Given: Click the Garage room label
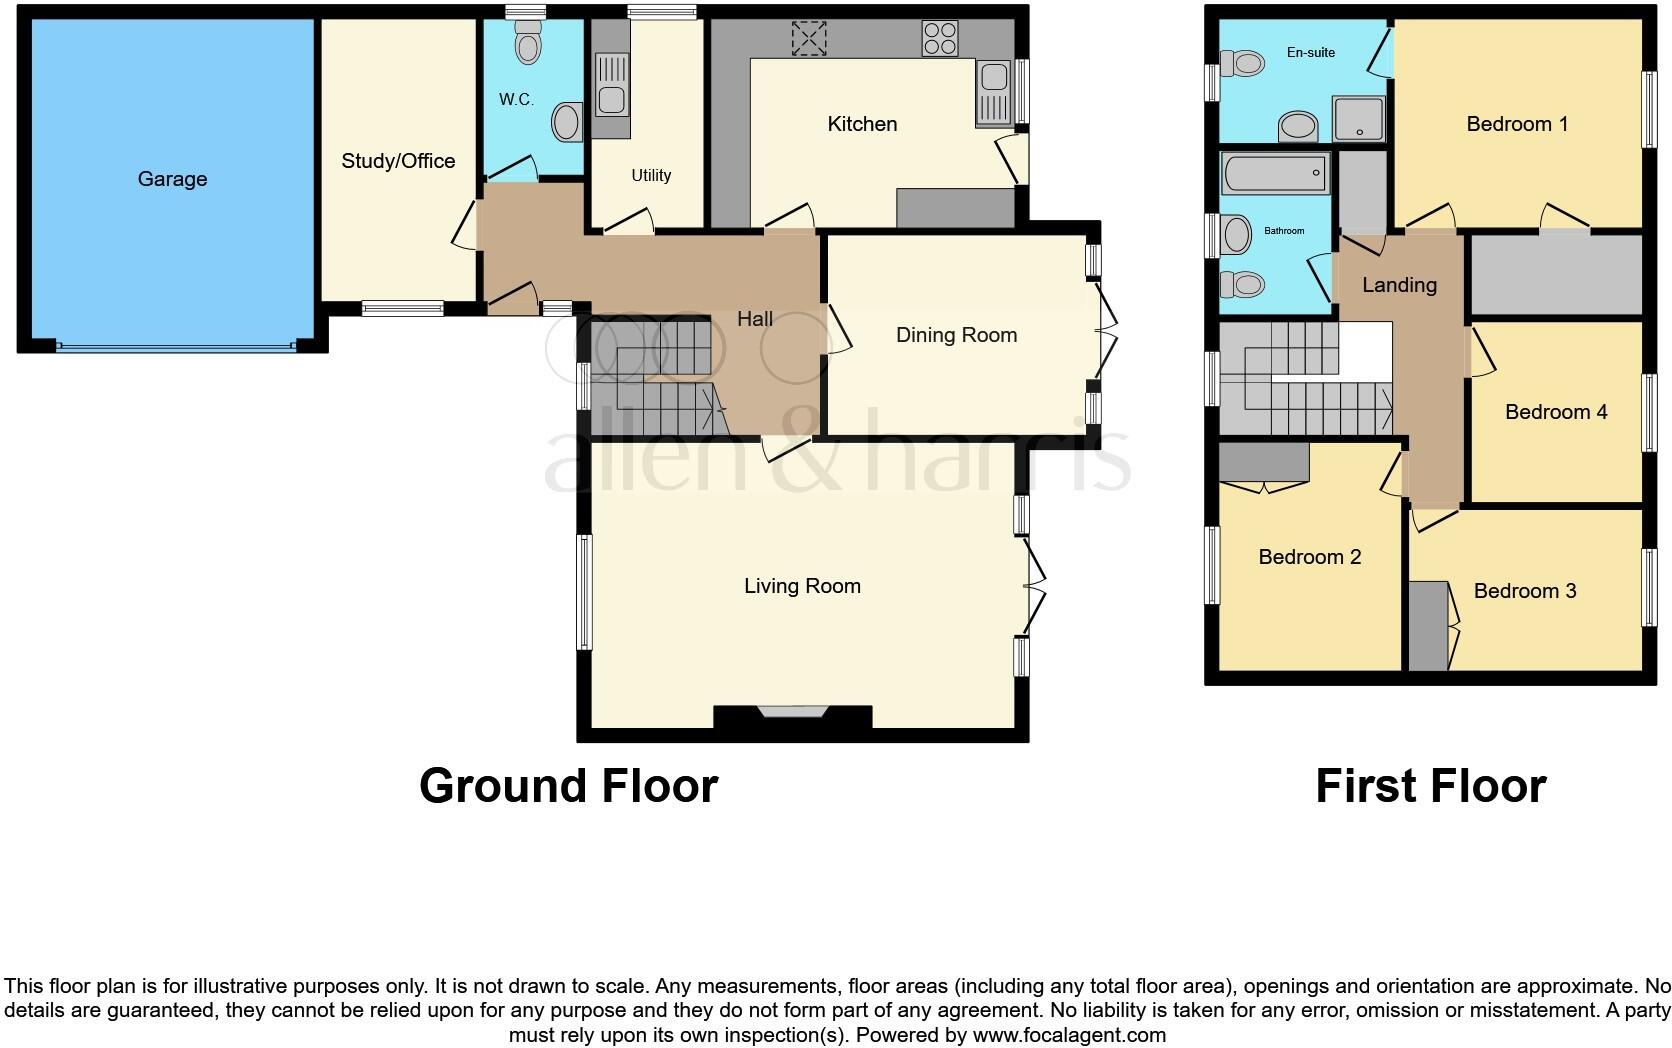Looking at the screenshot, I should (x=172, y=179).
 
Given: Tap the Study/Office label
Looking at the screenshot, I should (x=398, y=161).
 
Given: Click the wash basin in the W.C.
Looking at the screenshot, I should (x=566, y=122).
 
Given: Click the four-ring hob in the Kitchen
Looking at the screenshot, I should (x=940, y=38).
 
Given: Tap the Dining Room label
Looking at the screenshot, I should (x=956, y=335).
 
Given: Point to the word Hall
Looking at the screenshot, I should (x=755, y=319).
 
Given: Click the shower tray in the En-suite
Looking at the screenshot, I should (x=1359, y=119).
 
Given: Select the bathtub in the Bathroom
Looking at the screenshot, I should (x=1275, y=173).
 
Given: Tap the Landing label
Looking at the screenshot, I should (x=1399, y=285).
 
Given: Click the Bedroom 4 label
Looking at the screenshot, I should (x=1555, y=412).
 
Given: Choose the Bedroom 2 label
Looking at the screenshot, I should (x=1309, y=557).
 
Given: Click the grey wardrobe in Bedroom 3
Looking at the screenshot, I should (x=1428, y=626).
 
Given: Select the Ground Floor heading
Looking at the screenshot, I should (x=568, y=786).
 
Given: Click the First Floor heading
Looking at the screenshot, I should (x=1430, y=786).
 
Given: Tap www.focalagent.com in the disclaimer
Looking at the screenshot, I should (x=1069, y=1035).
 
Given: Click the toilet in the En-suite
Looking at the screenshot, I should (x=1246, y=65).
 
